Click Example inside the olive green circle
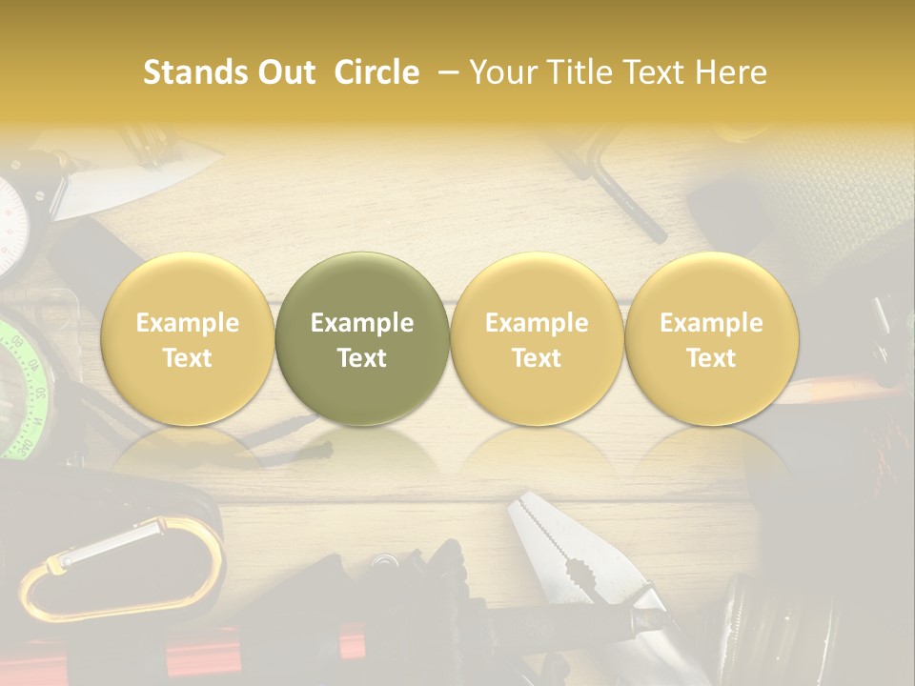pyautogui.click(x=362, y=323)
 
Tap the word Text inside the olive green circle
pyautogui.click(x=362, y=358)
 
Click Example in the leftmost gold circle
pyautogui.click(x=188, y=323)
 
